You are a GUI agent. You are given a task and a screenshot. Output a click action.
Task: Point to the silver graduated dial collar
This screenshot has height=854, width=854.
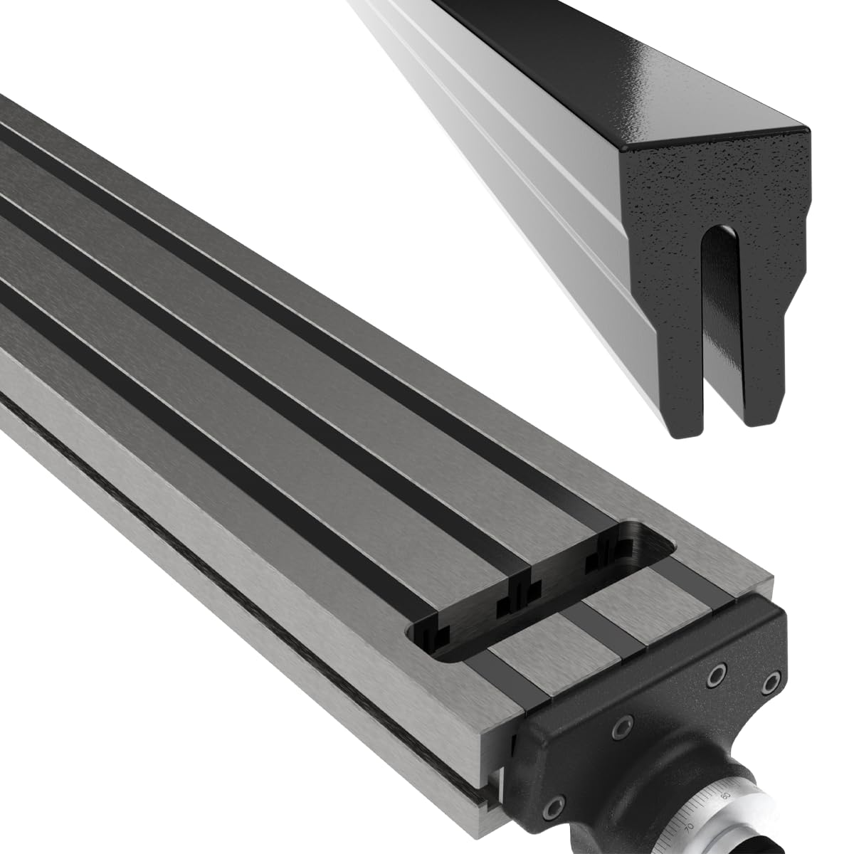712,811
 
